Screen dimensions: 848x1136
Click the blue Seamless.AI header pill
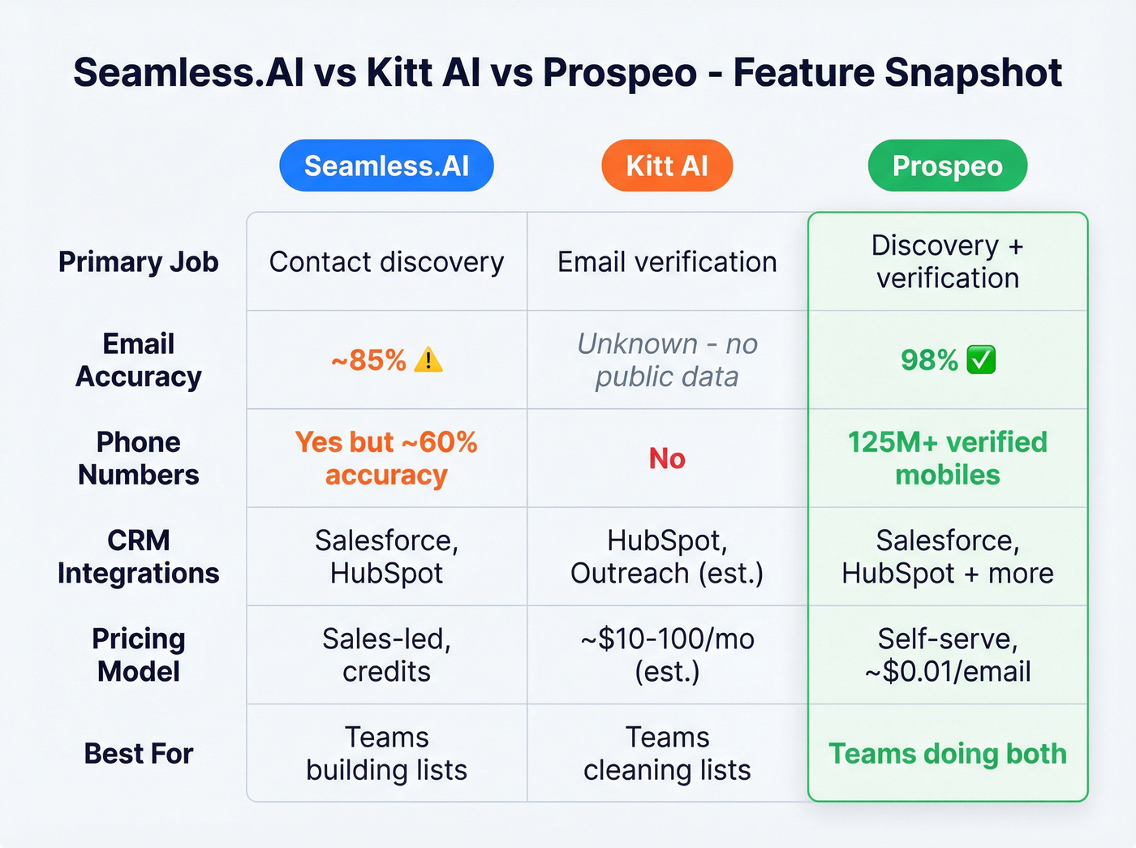[386, 166]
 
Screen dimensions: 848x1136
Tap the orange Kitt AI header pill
[667, 166]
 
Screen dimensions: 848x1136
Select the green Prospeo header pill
[947, 166]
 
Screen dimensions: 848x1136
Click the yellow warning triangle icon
[428, 359]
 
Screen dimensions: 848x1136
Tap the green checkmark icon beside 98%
[982, 359]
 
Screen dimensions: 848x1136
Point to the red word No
[667, 458]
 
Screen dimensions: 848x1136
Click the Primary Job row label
[138, 262]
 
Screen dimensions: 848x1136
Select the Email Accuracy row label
[138, 359]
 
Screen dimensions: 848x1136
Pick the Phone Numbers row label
[138, 458]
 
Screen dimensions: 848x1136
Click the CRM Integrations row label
[138, 557]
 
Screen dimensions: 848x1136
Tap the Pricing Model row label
[138, 655]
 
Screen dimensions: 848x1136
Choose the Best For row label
[138, 753]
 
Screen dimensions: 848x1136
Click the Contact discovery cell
[386, 262]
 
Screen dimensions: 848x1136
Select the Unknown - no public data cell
[667, 359]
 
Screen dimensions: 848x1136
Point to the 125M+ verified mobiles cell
[947, 458]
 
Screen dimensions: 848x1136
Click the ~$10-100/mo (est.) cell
[667, 655]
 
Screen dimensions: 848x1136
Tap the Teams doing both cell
[947, 753]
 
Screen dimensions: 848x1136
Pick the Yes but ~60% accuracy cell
[386, 458]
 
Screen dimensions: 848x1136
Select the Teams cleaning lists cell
[667, 753]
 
